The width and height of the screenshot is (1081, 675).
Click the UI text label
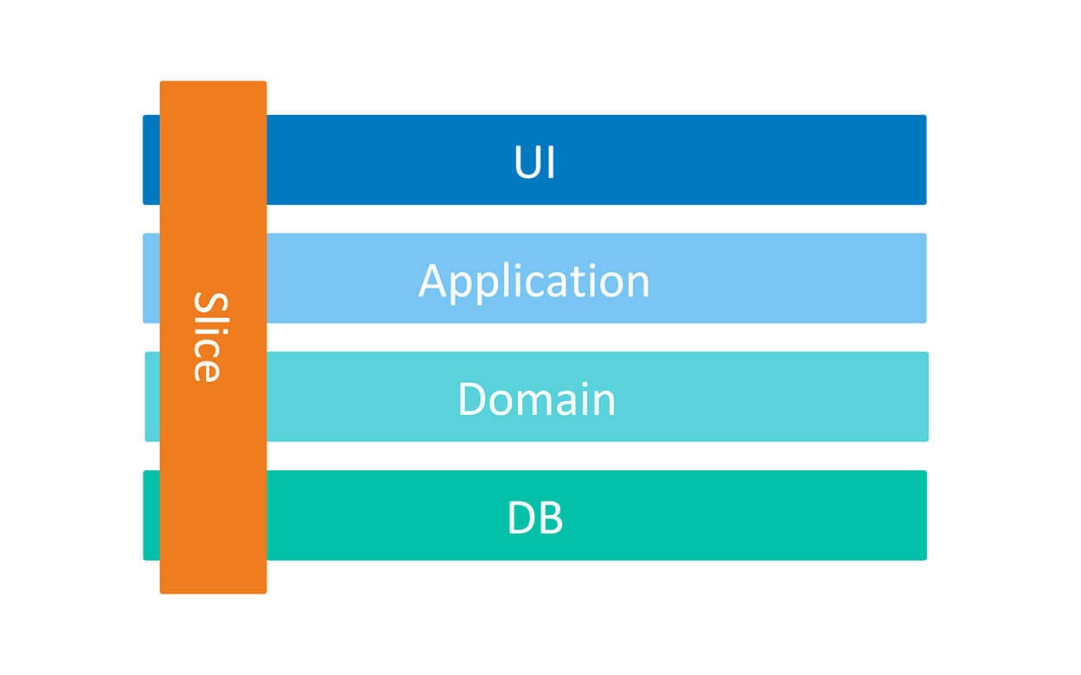pyautogui.click(x=534, y=162)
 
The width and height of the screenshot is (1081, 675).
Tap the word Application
pyautogui.click(x=534, y=281)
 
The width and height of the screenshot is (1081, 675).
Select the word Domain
pyautogui.click(x=536, y=399)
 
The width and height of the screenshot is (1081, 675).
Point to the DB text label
pyautogui.click(x=534, y=518)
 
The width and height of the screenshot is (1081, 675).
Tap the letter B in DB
pyautogui.click(x=550, y=518)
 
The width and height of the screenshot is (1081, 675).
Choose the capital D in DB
pyautogui.click(x=521, y=518)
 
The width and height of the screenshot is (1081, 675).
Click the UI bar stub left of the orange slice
pyautogui.click(x=151, y=160)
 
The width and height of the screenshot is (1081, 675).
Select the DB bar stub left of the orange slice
pyautogui.click(x=151, y=515)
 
